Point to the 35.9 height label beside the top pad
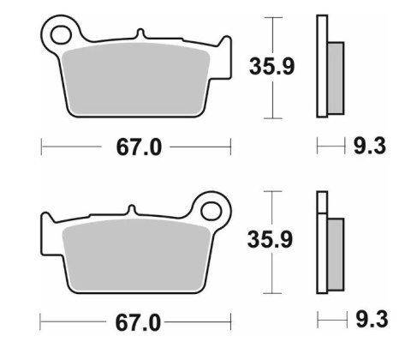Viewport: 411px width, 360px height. pos(272,66)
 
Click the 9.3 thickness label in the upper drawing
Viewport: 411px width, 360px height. pos(370,147)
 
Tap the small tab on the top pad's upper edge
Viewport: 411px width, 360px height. pos(139,36)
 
